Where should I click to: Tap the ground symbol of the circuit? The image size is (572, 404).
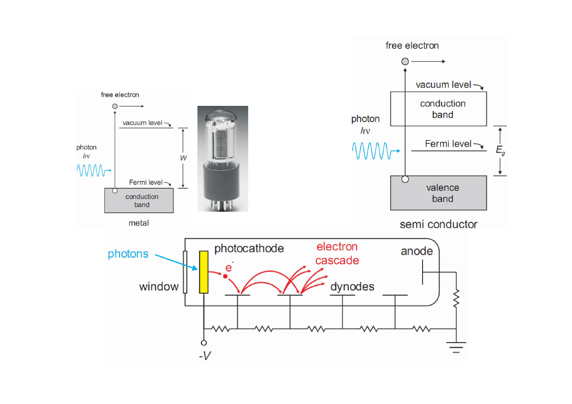[x=456, y=346]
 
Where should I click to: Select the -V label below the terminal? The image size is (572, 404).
[x=205, y=356]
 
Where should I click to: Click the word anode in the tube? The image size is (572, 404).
[x=417, y=251]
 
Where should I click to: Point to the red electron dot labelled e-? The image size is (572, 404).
[x=225, y=276]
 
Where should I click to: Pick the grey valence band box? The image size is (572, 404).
[x=438, y=193]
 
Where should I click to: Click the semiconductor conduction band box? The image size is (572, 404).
[x=438, y=109]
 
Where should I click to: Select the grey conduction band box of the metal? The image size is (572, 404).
[x=139, y=200]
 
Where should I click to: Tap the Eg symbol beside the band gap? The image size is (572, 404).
[x=500, y=151]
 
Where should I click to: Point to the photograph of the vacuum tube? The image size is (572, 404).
[x=222, y=158]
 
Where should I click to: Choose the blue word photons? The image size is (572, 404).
[x=128, y=254]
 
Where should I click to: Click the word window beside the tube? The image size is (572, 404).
[x=159, y=286]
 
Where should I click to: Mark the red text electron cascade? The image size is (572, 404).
[x=337, y=253]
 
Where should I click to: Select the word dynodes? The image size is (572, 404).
[x=352, y=286]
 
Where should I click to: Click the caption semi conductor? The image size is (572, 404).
[x=438, y=224]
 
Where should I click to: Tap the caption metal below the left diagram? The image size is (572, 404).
[x=139, y=223]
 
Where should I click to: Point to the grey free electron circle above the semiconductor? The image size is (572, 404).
[x=405, y=62]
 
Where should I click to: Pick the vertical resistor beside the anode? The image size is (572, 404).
[x=456, y=298]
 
